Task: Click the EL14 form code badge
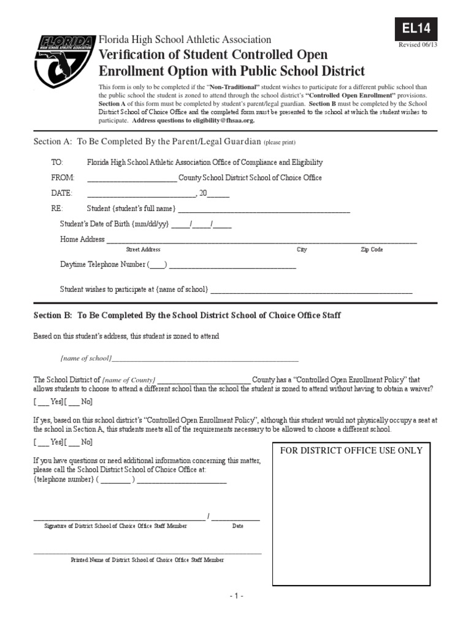[x=416, y=28]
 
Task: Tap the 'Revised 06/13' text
[x=418, y=45]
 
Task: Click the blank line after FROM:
[x=132, y=178]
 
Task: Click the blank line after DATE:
[x=141, y=194]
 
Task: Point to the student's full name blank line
[x=264, y=209]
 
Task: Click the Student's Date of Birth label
[x=114, y=224]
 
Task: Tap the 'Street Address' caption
[x=143, y=250]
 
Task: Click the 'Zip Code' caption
[x=372, y=250]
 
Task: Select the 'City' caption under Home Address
[x=302, y=250]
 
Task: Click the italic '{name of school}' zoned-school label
[x=86, y=358]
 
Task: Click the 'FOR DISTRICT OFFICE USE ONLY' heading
[x=351, y=450]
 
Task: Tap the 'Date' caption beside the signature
[x=238, y=526]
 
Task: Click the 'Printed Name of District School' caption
[x=147, y=560]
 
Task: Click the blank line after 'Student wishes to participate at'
[x=312, y=289]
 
